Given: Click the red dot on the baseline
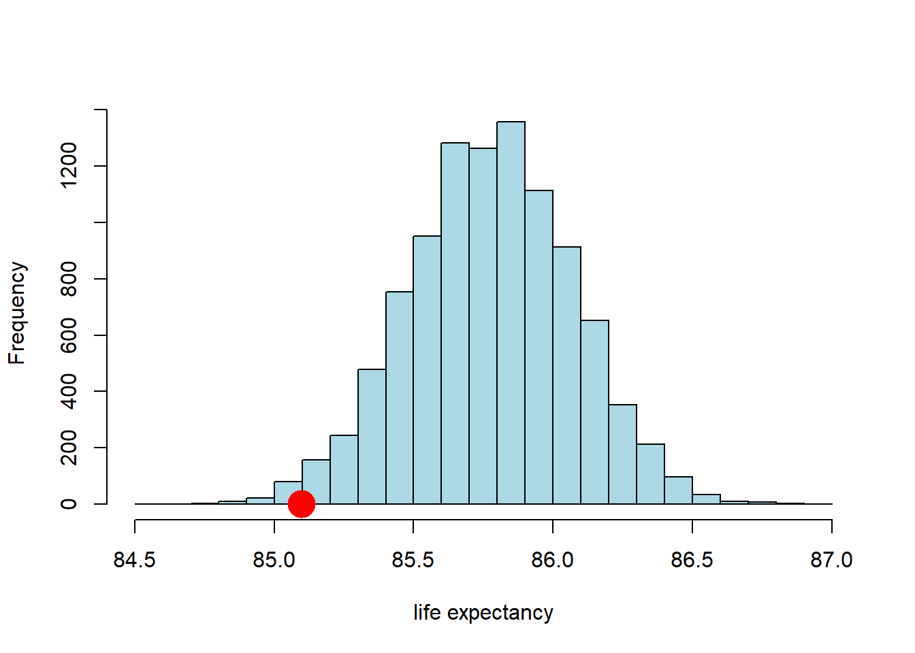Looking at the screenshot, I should [x=301, y=504].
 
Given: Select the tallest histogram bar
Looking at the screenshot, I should [x=511, y=313].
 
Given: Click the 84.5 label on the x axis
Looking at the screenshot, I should [x=135, y=560].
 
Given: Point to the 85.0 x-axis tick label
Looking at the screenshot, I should [x=274, y=560].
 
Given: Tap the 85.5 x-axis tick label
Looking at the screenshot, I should [x=413, y=560].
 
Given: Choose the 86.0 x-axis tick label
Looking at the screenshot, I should [x=552, y=560].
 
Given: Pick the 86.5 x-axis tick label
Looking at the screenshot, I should [x=692, y=560].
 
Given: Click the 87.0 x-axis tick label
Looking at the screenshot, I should [x=831, y=560].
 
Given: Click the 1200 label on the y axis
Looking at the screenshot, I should [x=69, y=165].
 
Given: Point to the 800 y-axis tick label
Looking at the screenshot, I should [x=69, y=279].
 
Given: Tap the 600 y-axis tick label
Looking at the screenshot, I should [x=69, y=335].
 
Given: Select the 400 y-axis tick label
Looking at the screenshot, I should [x=69, y=391].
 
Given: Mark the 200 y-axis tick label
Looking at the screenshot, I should [x=69, y=448].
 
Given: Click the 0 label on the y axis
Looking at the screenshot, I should [x=69, y=504].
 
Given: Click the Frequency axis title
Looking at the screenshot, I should [x=17, y=313].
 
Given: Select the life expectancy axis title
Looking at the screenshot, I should [x=483, y=612].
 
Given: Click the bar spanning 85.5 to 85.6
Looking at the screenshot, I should [x=427, y=371].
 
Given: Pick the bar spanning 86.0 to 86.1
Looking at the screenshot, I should [x=566, y=375].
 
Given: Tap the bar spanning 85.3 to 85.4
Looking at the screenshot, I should [x=372, y=437].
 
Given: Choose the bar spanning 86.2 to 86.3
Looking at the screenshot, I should [x=622, y=454].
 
